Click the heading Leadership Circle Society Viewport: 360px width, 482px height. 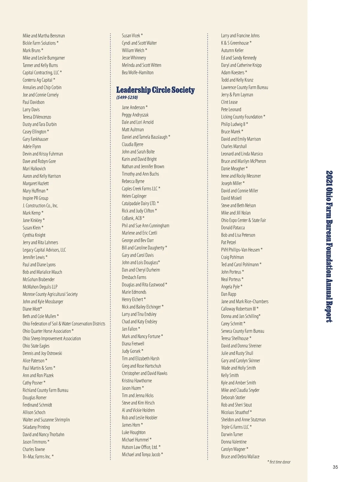155,90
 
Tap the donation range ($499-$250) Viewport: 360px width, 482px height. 127,98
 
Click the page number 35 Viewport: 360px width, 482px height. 335,467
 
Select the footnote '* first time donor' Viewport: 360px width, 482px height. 279,462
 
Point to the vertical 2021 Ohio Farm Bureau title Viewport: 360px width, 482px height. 329,246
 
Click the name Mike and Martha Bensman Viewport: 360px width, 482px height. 44,36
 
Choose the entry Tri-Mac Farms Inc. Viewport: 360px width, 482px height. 38,456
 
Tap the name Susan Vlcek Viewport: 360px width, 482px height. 132,36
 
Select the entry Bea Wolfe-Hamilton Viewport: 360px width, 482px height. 137,73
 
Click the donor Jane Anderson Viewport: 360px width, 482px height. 134,107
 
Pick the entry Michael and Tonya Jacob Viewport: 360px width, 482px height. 142,454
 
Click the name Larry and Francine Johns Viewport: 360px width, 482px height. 240,36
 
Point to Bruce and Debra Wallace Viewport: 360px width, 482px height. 240,456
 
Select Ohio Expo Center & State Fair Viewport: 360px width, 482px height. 244,220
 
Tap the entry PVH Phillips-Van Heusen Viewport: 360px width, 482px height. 241,250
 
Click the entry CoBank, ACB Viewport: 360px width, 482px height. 133,218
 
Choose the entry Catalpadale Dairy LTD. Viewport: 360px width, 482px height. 140,203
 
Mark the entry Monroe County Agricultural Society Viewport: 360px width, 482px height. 50,294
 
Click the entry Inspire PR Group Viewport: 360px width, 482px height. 35,198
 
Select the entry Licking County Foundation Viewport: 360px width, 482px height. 243,117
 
